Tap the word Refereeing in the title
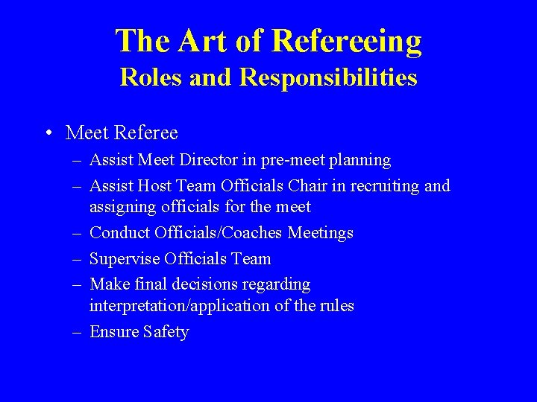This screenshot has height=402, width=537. (348, 42)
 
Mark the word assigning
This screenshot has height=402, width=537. (122, 207)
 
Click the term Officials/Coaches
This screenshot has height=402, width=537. (218, 233)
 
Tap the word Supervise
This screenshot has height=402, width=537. (124, 259)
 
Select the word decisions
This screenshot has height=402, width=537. (203, 284)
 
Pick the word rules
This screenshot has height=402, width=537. (337, 306)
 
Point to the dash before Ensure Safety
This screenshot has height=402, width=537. (78, 332)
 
